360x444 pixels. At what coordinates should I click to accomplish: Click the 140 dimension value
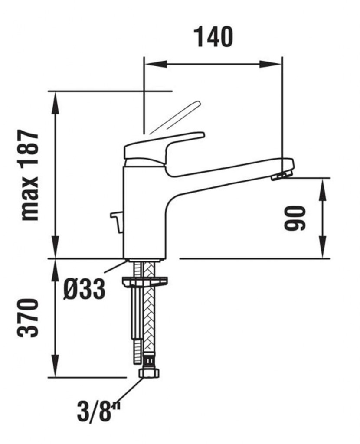click(213, 37)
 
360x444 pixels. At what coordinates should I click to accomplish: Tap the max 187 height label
click(29, 175)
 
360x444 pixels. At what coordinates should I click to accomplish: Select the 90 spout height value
click(295, 218)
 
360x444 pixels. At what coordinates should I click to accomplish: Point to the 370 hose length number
click(28, 318)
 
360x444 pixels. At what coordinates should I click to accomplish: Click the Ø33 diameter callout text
click(84, 289)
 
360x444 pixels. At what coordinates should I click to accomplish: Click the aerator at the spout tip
click(278, 176)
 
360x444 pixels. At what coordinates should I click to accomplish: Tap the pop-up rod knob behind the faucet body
click(117, 222)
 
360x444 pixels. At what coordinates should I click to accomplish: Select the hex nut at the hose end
click(149, 372)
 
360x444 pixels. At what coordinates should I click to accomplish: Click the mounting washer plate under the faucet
click(144, 281)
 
